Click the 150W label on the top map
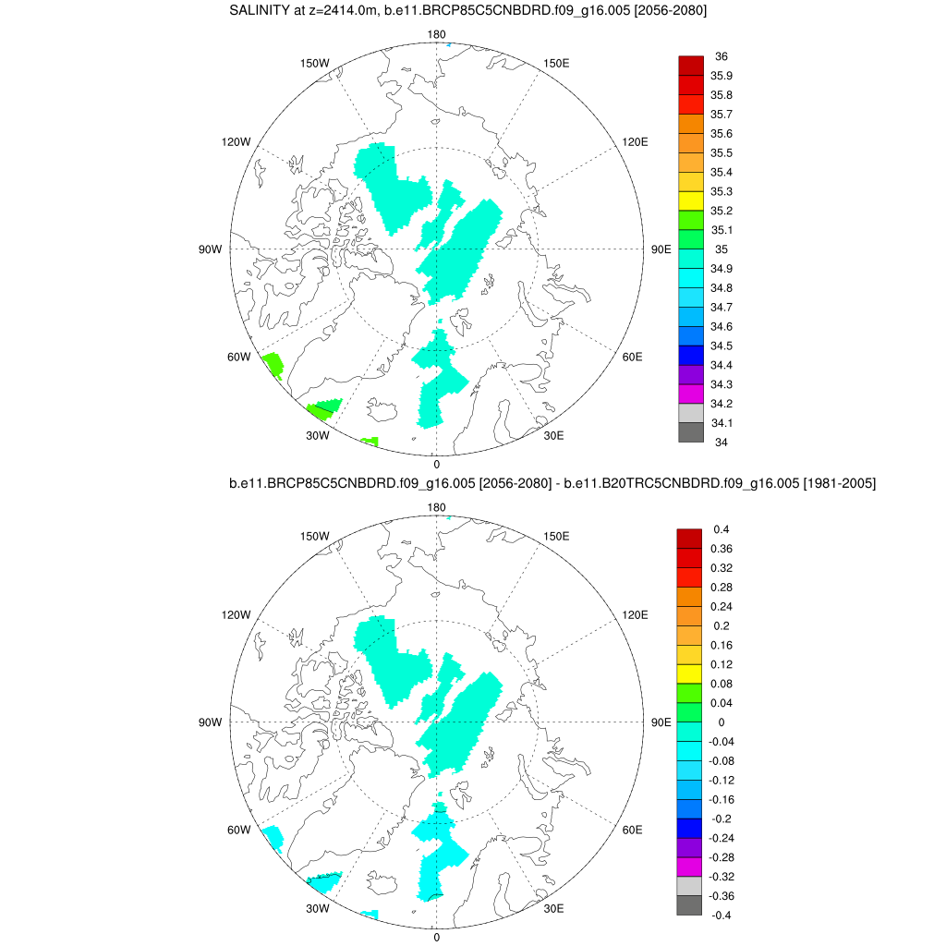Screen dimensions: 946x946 [x=315, y=63]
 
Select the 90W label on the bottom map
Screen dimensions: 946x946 [x=210, y=722]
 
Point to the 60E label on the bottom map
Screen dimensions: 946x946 [x=633, y=830]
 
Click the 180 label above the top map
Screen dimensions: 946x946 [x=436, y=34]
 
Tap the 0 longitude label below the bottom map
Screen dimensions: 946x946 [x=436, y=937]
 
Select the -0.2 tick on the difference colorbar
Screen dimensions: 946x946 [x=722, y=819]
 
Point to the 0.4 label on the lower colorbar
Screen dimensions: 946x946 [x=722, y=529]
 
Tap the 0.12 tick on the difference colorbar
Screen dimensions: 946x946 [x=722, y=664]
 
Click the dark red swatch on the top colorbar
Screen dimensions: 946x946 [x=691, y=66]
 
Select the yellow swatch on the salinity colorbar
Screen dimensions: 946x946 [x=691, y=200]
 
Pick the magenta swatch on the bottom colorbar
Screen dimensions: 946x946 [x=691, y=867]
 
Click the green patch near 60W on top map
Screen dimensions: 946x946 [x=272, y=364]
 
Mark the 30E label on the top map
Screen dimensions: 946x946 [x=555, y=435]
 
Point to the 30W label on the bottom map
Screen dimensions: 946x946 [x=318, y=908]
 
